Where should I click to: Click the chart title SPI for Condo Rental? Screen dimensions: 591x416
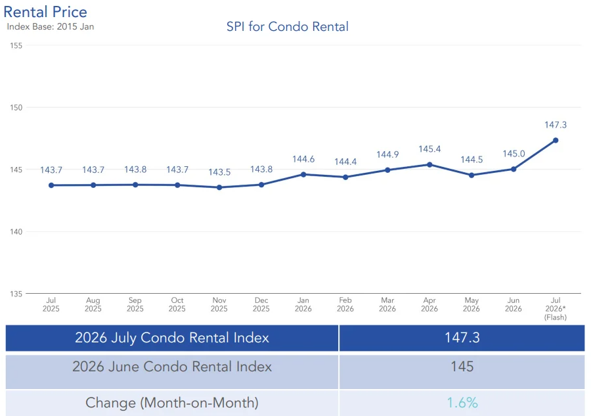point(287,27)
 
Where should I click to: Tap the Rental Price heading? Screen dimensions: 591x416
point(45,12)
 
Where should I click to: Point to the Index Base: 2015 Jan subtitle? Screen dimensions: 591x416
point(51,27)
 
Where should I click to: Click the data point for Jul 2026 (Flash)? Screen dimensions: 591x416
point(556,140)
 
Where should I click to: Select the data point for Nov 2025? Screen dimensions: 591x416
point(219,187)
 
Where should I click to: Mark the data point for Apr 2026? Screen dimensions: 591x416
point(429,164)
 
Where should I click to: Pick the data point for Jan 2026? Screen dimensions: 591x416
point(303,175)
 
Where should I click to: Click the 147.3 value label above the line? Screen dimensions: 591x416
point(556,125)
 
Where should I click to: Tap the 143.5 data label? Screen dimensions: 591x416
point(219,172)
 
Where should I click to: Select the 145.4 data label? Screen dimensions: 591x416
point(429,149)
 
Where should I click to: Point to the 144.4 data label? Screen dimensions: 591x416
point(345,162)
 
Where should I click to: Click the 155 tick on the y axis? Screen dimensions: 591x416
point(16,45)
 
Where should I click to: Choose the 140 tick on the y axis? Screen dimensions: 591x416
point(16,231)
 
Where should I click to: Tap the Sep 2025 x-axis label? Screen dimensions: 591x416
point(135,304)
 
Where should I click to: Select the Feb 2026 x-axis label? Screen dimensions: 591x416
point(345,304)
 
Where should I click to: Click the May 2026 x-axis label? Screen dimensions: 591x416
point(471,304)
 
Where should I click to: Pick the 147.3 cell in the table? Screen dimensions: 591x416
point(462,338)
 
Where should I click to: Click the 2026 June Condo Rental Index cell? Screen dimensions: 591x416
point(172,367)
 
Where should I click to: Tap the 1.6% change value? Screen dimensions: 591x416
point(462,403)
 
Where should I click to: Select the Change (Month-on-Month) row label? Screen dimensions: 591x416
point(172,403)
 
